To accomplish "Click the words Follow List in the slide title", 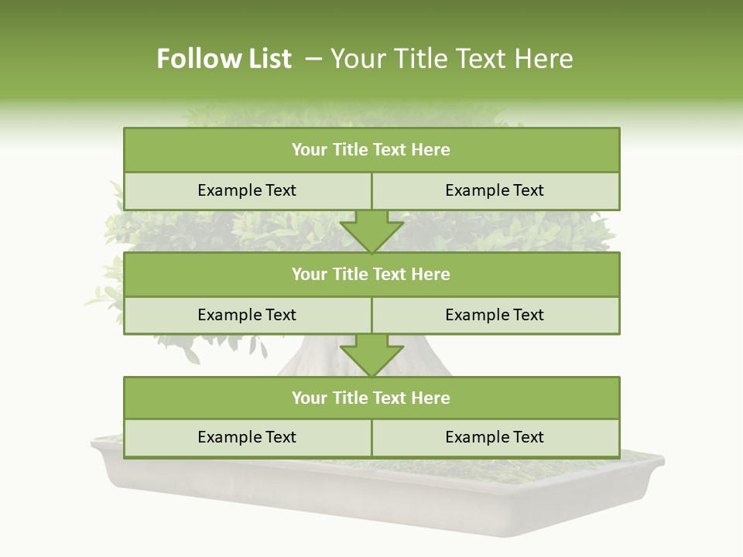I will [224, 59].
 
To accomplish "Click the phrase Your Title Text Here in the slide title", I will [451, 59].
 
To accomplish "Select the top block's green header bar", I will [371, 150].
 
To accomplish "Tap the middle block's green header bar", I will [371, 275].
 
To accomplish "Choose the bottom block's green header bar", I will [371, 398].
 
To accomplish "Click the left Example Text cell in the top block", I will [247, 191].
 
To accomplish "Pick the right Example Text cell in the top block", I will [495, 191].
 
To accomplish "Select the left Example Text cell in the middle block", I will [247, 316].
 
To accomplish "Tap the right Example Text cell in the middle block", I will [495, 316].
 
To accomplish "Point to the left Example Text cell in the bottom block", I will [247, 438].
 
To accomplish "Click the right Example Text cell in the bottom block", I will [495, 438].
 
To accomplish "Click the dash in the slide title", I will [313, 59].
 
